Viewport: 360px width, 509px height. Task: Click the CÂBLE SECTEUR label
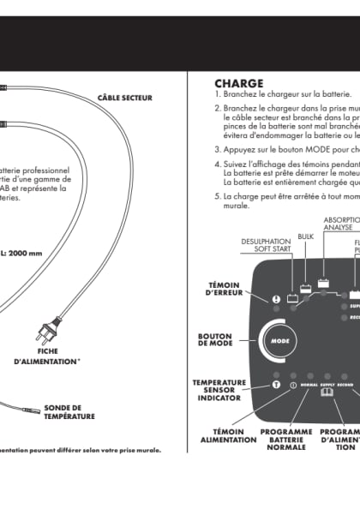coord(124,98)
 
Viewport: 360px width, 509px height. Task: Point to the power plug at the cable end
coord(45,332)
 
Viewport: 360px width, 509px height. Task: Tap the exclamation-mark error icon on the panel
coord(277,299)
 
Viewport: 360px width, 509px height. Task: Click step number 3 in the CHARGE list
coord(217,148)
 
